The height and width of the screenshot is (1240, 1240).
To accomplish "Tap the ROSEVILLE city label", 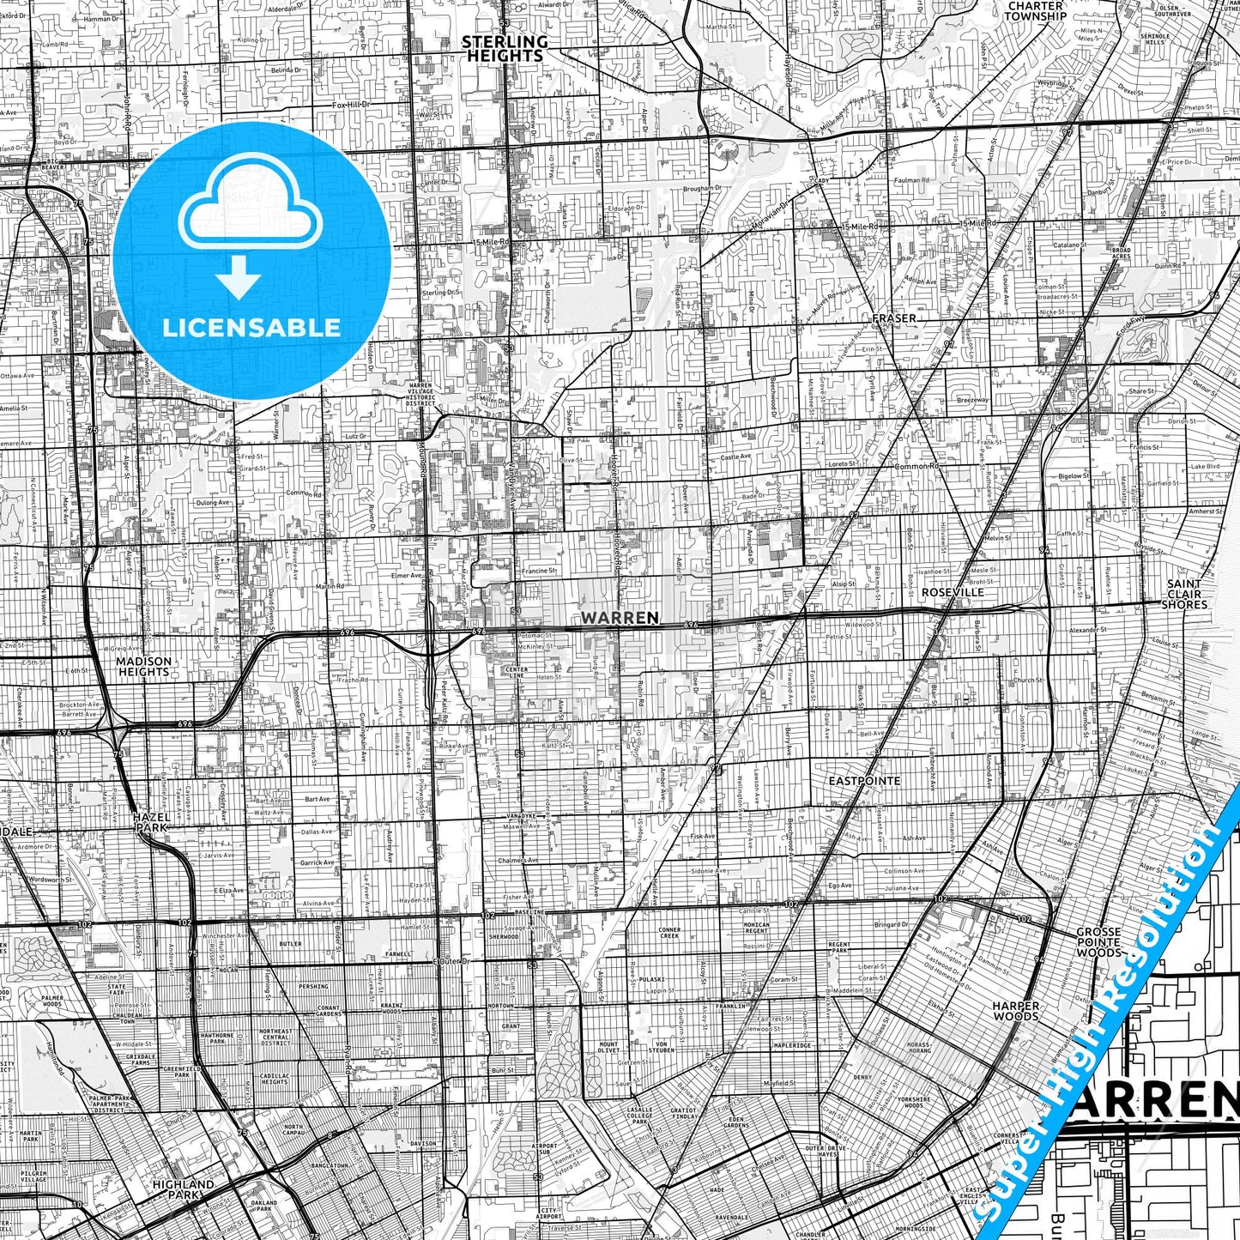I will [x=953, y=592].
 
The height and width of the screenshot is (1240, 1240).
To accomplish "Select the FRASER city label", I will [x=893, y=318].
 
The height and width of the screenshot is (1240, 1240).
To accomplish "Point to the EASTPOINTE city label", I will [x=864, y=781].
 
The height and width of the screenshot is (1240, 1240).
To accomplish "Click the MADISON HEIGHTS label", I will [x=143, y=667].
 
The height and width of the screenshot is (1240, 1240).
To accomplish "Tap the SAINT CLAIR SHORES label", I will [x=1184, y=594].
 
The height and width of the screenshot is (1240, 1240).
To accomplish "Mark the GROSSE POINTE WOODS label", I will [x=1098, y=941].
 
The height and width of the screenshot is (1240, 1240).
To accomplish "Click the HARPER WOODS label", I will [x=1016, y=1011].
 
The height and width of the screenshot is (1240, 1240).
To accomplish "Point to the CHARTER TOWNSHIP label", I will [x=1036, y=11].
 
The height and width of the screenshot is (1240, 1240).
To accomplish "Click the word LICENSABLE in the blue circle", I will [x=251, y=328].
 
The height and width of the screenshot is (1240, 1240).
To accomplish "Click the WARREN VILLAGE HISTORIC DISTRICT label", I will [x=420, y=396].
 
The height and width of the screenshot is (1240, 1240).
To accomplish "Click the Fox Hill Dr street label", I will [x=351, y=105].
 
